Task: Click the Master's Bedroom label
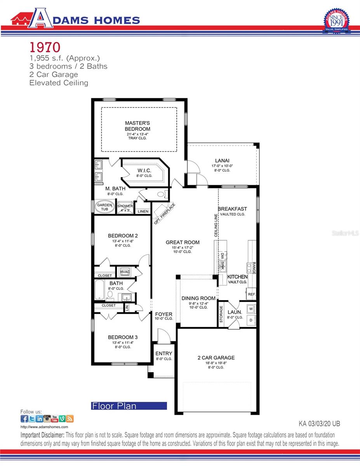(x=137, y=126)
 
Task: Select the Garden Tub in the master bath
(x=104, y=207)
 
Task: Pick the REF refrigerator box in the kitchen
(x=251, y=295)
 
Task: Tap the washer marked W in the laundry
(x=251, y=309)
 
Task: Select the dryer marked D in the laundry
(x=251, y=320)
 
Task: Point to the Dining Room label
(x=198, y=298)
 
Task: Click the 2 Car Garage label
(x=216, y=358)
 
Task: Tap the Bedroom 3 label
(x=123, y=337)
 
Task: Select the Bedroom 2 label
(x=123, y=235)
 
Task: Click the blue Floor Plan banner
(x=129, y=406)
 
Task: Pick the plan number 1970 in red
(x=45, y=47)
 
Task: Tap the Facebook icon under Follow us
(x=24, y=419)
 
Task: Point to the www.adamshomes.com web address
(x=38, y=427)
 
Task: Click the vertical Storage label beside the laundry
(x=221, y=314)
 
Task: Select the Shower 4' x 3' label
(x=125, y=208)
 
